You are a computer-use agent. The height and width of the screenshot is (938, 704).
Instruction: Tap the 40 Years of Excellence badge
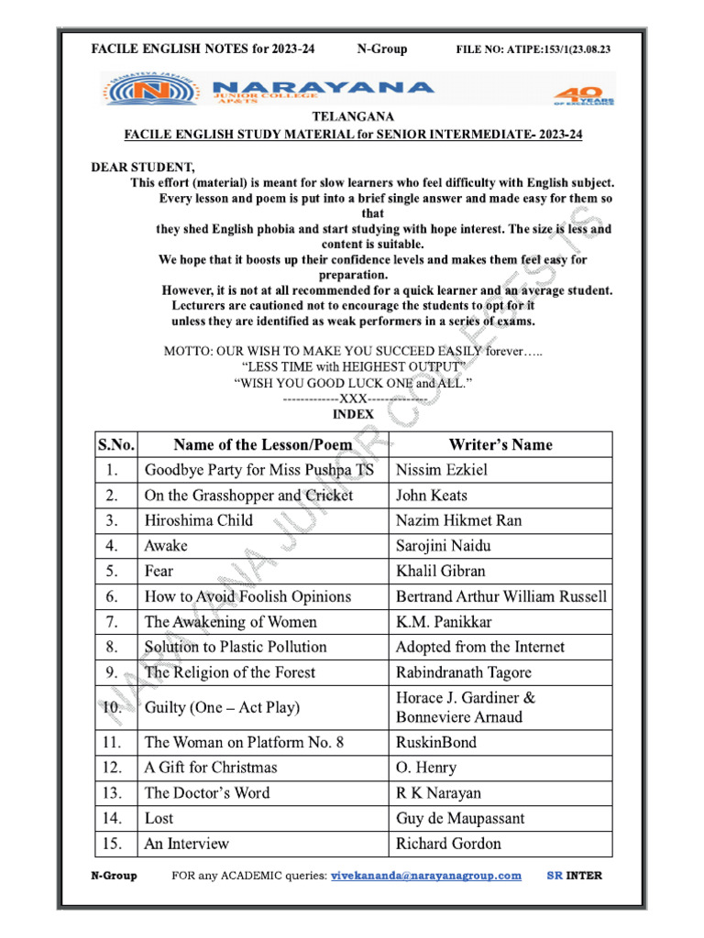(576, 94)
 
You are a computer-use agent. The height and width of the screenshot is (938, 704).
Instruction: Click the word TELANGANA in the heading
(353, 117)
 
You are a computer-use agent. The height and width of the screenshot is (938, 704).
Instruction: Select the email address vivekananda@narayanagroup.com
(426, 876)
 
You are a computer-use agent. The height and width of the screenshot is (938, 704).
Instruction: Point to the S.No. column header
(116, 444)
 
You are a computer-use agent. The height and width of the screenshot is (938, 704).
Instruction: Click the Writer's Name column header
(500, 444)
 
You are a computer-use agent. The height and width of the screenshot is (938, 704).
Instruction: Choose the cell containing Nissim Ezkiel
(442, 470)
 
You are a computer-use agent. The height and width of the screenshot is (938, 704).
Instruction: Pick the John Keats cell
(432, 496)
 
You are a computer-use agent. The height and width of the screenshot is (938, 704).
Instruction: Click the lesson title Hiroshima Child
(199, 520)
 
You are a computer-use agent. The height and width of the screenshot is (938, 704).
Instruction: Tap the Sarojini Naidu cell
(444, 546)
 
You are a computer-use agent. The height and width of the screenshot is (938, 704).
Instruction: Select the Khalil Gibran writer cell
(441, 571)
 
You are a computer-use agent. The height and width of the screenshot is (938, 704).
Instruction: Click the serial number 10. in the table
(113, 707)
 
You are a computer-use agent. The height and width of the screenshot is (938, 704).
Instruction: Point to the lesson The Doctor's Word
(207, 792)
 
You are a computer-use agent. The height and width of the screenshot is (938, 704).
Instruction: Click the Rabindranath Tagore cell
(464, 671)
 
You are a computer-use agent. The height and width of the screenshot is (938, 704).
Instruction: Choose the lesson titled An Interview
(187, 844)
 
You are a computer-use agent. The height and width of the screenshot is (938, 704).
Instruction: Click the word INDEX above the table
(353, 414)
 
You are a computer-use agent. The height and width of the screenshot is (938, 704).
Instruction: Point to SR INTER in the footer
(575, 876)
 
